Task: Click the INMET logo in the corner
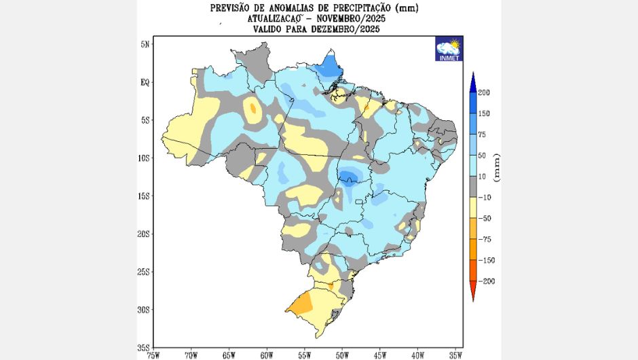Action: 449,49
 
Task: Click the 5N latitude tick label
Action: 145,44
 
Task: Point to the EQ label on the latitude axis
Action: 145,82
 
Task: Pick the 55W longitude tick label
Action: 304,354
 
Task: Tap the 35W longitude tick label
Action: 455,354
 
